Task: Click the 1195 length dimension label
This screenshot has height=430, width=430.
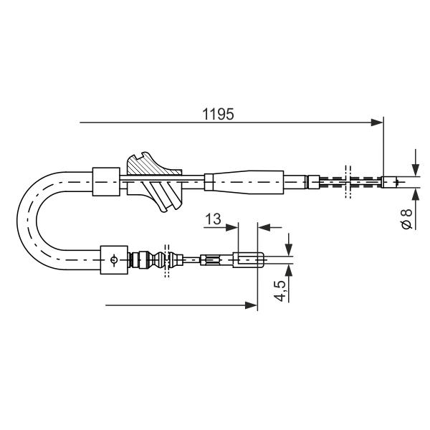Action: point(218,114)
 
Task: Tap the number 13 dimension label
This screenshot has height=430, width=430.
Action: point(213,219)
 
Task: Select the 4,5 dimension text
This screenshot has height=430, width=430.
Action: point(281,291)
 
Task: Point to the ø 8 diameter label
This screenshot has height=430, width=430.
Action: point(406,219)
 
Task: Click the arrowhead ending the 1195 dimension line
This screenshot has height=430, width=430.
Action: point(376,123)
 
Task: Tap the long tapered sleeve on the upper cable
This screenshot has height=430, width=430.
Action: point(244,182)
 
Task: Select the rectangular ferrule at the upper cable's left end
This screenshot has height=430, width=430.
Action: point(106,181)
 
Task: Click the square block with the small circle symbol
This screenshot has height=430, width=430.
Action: point(114,259)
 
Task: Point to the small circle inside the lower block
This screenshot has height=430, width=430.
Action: point(114,259)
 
